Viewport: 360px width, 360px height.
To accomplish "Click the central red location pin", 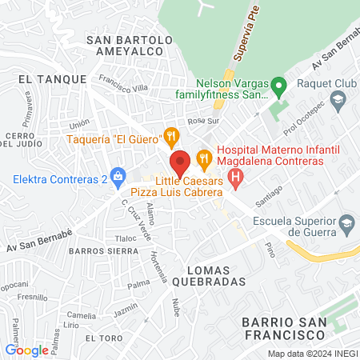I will pyautogui.click(x=180, y=162).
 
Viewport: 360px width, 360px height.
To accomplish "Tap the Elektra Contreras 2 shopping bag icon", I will pyautogui.click(x=118, y=174).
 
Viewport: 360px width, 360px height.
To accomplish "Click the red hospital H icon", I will pyautogui.click(x=235, y=178).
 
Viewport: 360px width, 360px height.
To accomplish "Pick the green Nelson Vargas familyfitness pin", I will pyautogui.click(x=278, y=85).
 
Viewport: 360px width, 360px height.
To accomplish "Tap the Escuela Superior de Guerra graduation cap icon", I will pyautogui.click(x=346, y=222).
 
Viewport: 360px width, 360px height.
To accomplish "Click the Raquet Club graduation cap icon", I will pyautogui.click(x=338, y=98).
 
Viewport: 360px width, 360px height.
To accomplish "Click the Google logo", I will pyautogui.click(x=26, y=350).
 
